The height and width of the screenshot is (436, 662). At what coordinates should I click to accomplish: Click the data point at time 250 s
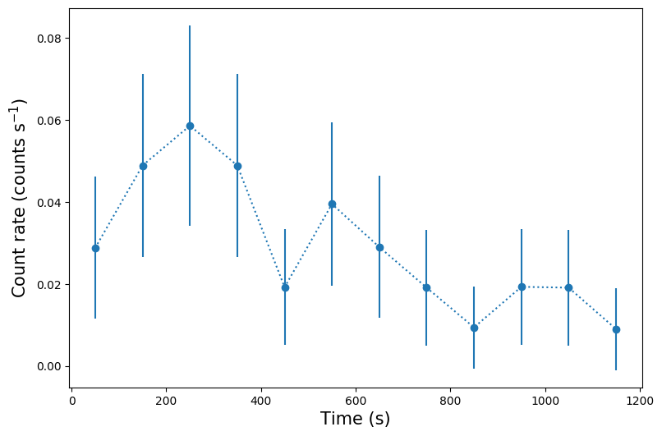(190, 126)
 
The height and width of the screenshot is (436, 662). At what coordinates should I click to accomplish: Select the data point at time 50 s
(95, 248)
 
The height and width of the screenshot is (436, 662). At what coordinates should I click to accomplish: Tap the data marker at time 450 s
(285, 287)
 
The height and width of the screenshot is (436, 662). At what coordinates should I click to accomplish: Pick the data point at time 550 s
(332, 204)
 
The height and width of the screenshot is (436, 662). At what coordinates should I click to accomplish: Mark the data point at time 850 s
(474, 328)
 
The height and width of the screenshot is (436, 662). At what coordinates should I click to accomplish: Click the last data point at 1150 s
(616, 329)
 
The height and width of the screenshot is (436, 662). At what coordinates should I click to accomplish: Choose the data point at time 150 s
(143, 166)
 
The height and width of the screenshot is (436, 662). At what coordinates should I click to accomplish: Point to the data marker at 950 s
(522, 287)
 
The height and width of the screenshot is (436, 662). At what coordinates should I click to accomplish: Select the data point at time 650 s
(379, 247)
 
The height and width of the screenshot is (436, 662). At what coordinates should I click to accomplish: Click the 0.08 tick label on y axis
(48, 39)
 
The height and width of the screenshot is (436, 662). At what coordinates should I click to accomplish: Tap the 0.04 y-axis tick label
(48, 203)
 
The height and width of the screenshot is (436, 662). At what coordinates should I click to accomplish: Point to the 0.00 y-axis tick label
(48, 366)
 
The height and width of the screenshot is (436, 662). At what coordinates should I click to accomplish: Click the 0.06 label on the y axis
(48, 121)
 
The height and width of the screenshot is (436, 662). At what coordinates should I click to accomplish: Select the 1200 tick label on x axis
(640, 402)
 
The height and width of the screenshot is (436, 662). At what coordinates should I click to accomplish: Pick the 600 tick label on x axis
(356, 402)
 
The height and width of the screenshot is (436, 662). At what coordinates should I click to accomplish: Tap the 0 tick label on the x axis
(72, 402)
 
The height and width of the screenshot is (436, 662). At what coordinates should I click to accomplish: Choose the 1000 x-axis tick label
(545, 402)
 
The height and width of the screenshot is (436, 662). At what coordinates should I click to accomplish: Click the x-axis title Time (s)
(355, 419)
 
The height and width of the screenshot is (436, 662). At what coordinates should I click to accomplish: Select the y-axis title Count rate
(19, 197)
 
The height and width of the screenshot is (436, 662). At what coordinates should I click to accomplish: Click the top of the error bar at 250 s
(190, 26)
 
